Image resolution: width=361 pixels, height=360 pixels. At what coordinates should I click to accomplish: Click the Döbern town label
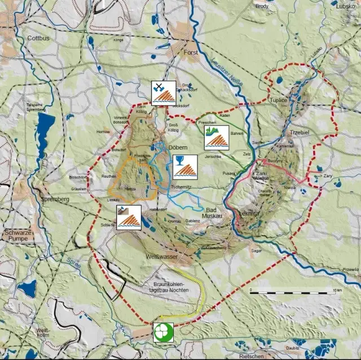(x=178, y=147)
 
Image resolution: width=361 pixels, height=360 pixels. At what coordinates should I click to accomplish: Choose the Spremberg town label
(x=54, y=199)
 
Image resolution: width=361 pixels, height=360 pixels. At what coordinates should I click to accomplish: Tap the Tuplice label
(x=279, y=100)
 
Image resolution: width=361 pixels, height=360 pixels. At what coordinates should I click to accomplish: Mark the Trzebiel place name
(x=300, y=132)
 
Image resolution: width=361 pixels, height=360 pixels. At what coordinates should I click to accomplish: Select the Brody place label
(x=262, y=6)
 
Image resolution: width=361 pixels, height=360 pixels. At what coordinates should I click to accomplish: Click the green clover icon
(x=164, y=332)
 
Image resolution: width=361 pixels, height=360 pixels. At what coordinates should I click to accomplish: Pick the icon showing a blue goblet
(x=185, y=166)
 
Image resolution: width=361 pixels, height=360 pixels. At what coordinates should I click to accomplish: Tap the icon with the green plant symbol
(x=217, y=137)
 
